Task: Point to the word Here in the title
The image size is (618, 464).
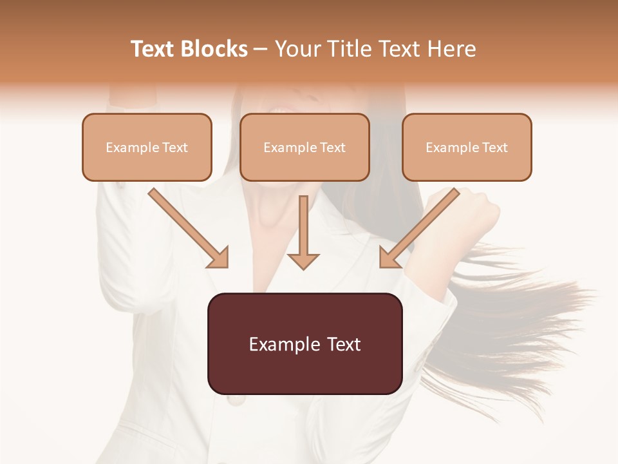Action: [451, 49]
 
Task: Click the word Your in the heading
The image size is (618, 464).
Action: [299, 49]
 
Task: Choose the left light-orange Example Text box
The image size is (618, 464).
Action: [147, 148]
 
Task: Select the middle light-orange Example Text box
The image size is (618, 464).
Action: [304, 148]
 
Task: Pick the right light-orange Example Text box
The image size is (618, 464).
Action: [467, 148]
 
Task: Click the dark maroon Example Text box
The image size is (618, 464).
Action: [304, 343]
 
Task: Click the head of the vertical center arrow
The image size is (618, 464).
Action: [303, 260]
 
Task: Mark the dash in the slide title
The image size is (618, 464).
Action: [261, 50]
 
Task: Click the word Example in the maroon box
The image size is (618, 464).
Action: [277, 344]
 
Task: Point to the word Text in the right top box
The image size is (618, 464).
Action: [495, 148]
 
